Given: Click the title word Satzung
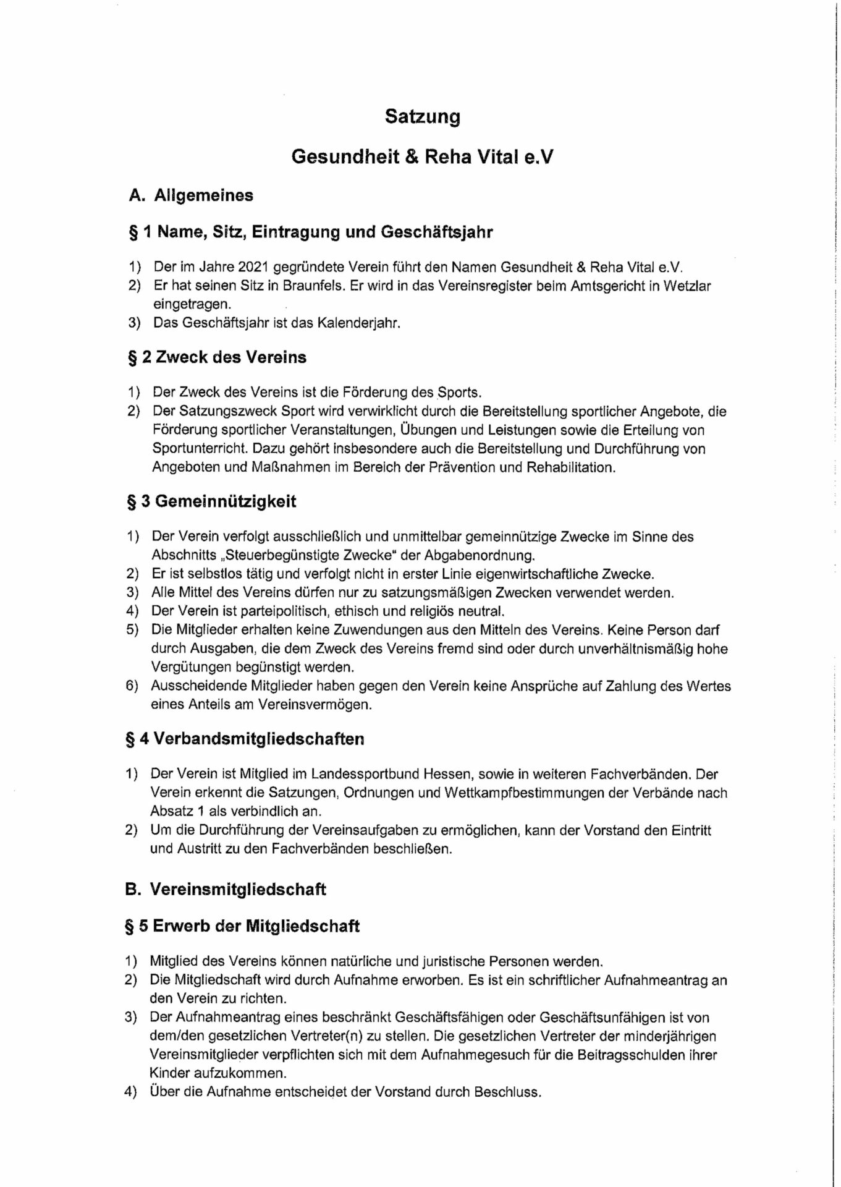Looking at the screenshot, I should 422,116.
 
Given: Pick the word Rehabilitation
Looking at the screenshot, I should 570,467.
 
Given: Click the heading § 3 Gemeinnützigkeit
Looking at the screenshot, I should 211,501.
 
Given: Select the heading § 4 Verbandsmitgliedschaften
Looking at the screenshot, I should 245,739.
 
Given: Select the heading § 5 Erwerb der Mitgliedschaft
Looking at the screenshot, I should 243,926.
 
